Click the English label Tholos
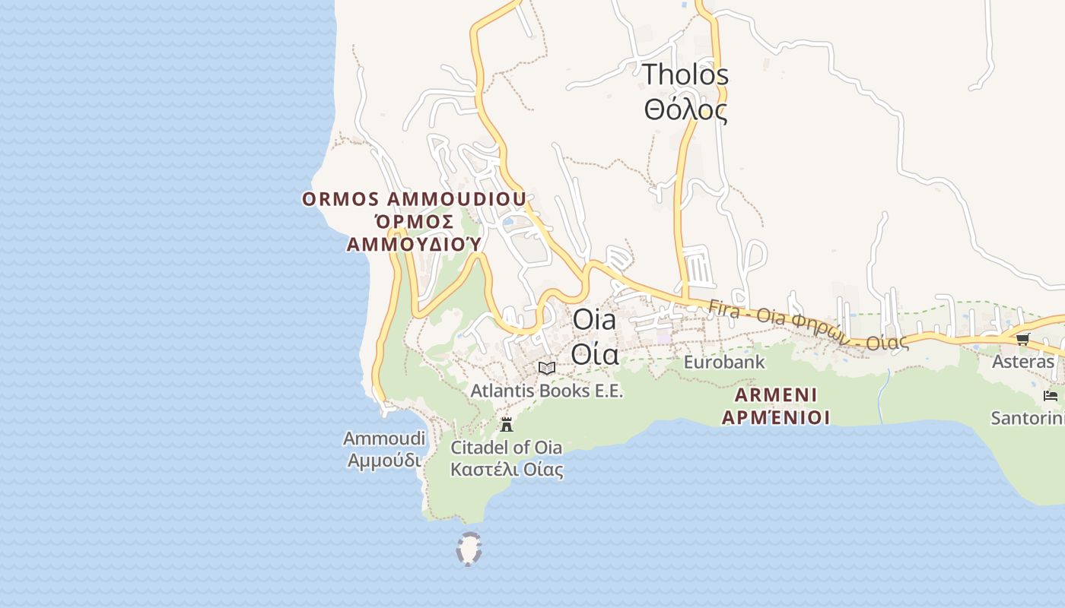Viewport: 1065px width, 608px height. [685, 74]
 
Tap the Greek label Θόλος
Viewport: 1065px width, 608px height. [685, 110]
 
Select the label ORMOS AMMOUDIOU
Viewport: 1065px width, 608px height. [414, 199]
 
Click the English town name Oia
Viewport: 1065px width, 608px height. [594, 319]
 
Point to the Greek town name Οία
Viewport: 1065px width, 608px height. [594, 353]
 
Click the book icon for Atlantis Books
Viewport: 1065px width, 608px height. [546, 368]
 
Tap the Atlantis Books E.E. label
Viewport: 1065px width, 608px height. [546, 391]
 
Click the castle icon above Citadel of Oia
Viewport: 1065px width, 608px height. [507, 425]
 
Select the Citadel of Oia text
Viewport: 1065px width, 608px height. [506, 447]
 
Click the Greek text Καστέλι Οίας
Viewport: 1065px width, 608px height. [507, 469]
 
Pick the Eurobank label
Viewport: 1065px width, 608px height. [723, 362]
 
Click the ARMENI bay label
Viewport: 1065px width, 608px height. [776, 395]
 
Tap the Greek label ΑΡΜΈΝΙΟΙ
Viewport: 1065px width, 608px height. [776, 417]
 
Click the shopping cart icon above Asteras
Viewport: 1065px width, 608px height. [1022, 339]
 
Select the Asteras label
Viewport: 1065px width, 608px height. [1023, 362]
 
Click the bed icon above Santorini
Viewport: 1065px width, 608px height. [1051, 396]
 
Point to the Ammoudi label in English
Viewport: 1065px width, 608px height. [384, 439]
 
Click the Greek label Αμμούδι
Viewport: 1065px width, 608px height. [384, 460]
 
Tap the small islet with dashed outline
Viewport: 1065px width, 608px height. [469, 549]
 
